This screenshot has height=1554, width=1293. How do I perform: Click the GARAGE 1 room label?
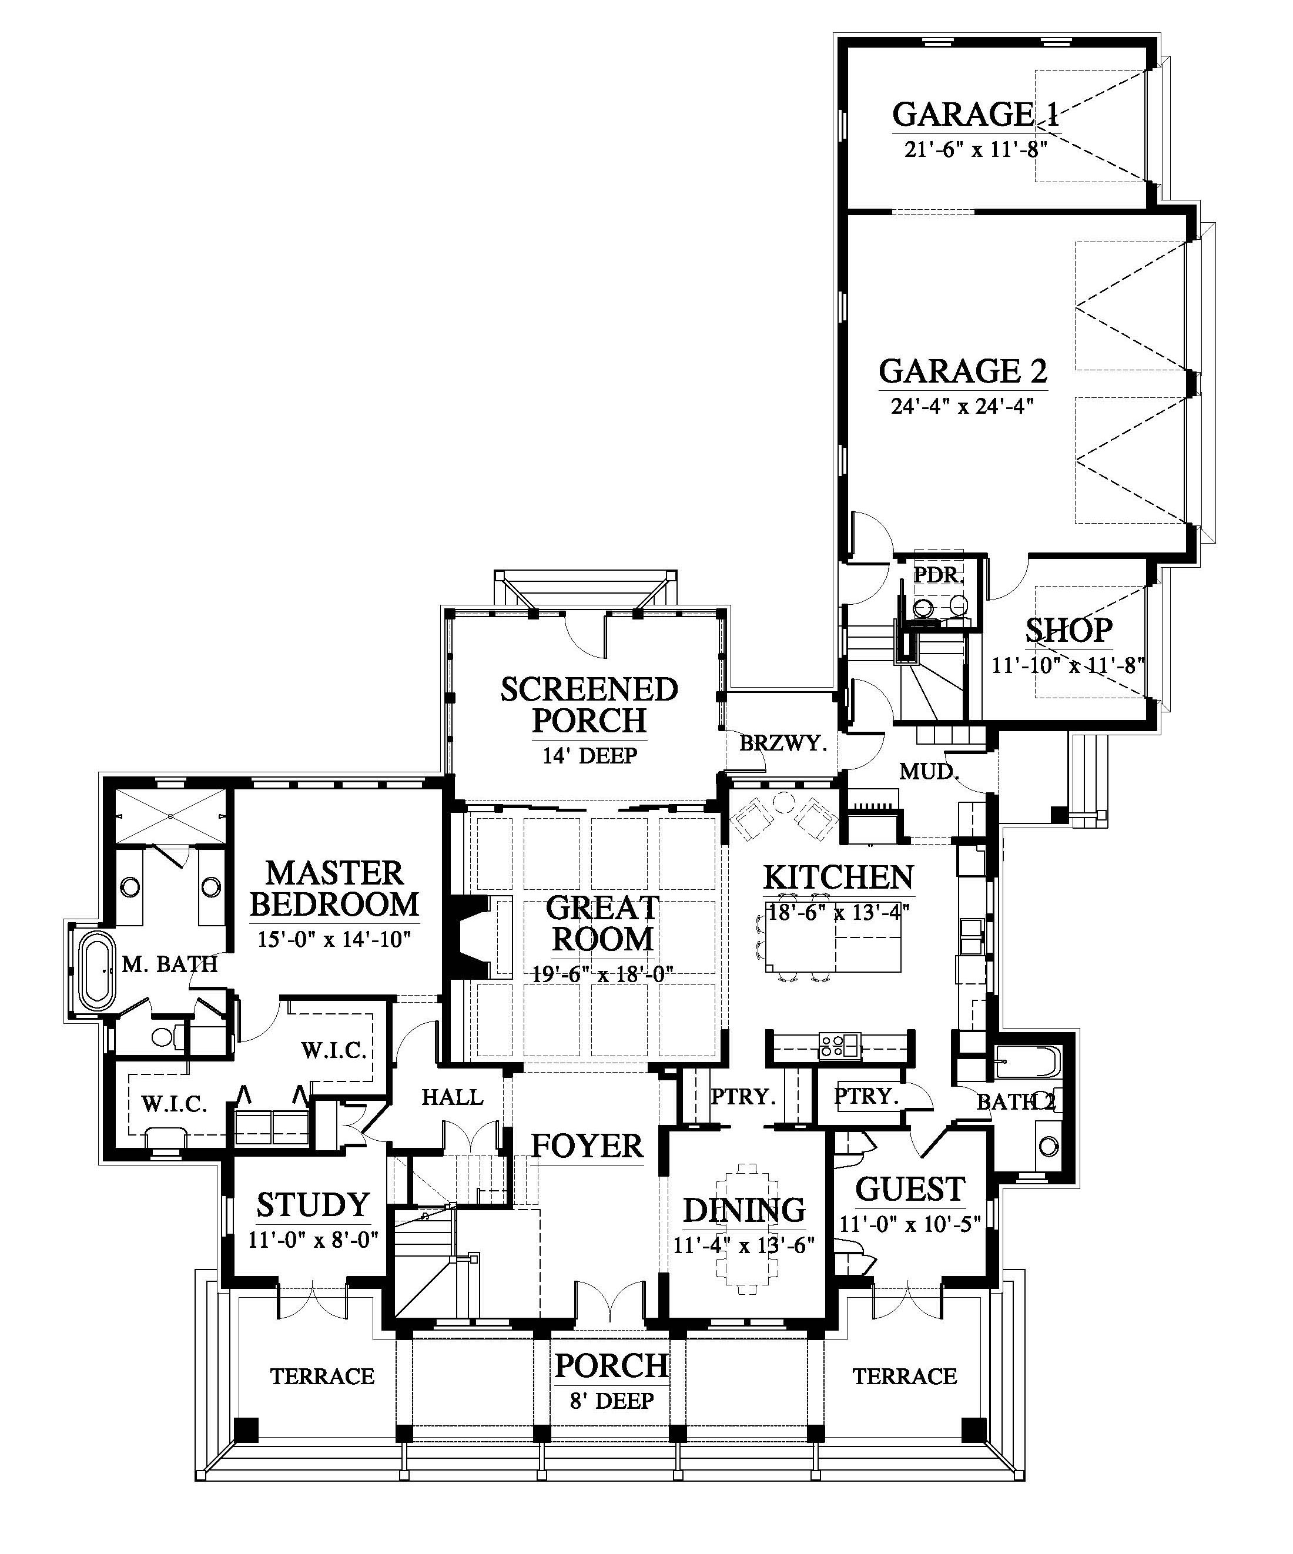tap(976, 115)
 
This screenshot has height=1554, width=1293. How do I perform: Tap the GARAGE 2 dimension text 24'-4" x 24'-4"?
tap(962, 406)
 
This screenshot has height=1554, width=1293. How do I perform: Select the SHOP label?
tap(1068, 631)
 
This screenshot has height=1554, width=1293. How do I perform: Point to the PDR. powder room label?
tap(939, 575)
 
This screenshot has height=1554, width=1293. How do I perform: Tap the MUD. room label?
tap(930, 772)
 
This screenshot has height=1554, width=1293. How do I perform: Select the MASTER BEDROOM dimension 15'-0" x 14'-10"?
tap(334, 940)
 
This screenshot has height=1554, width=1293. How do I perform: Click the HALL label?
tap(452, 1097)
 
